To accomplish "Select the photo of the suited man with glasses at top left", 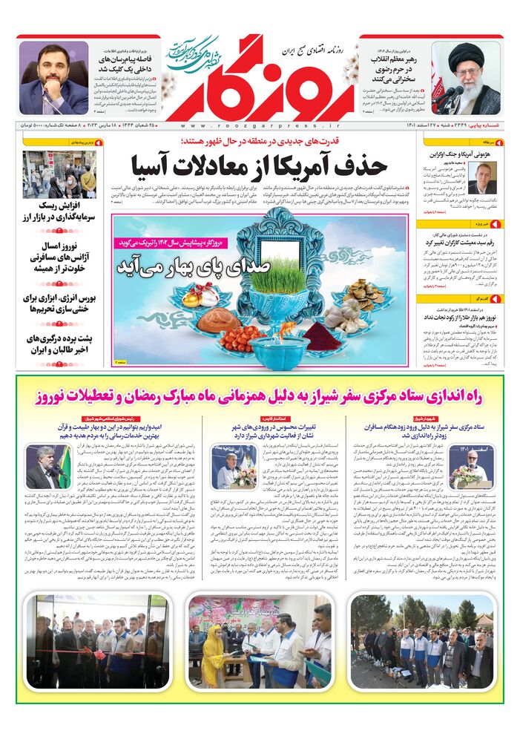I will tap(53, 77).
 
